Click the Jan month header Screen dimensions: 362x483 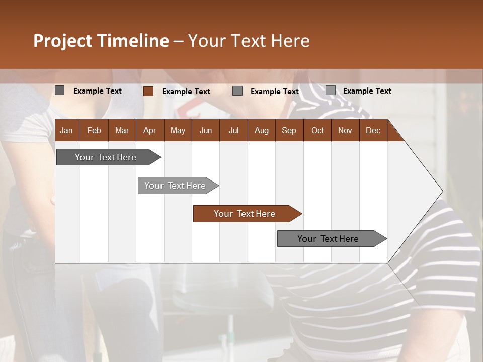pyautogui.click(x=66, y=130)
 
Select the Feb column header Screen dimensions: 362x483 pyautogui.click(x=94, y=130)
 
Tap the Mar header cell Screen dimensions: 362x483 pyautogui.click(x=122, y=130)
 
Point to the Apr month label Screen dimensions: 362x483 pyautogui.click(x=149, y=130)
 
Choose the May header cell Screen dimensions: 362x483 pyautogui.click(x=178, y=130)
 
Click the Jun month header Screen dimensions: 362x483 pyautogui.click(x=206, y=130)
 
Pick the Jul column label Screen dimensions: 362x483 pyautogui.click(x=233, y=130)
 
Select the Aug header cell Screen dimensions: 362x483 pyautogui.click(x=261, y=130)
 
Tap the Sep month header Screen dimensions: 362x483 pyautogui.click(x=289, y=130)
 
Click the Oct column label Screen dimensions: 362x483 pyautogui.click(x=317, y=130)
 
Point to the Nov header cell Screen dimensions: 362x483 pyautogui.click(x=345, y=130)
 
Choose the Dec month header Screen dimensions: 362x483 pyautogui.click(x=373, y=130)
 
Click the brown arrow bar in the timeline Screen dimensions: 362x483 pyautogui.click(x=245, y=214)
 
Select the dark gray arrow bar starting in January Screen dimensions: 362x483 pyautogui.click(x=106, y=157)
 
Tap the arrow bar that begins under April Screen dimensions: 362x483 pyautogui.click(x=175, y=186)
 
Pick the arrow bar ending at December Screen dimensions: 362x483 pyautogui.click(x=328, y=239)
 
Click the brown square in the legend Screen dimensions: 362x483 pyautogui.click(x=148, y=91)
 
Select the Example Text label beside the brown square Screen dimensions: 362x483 pyautogui.click(x=186, y=92)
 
